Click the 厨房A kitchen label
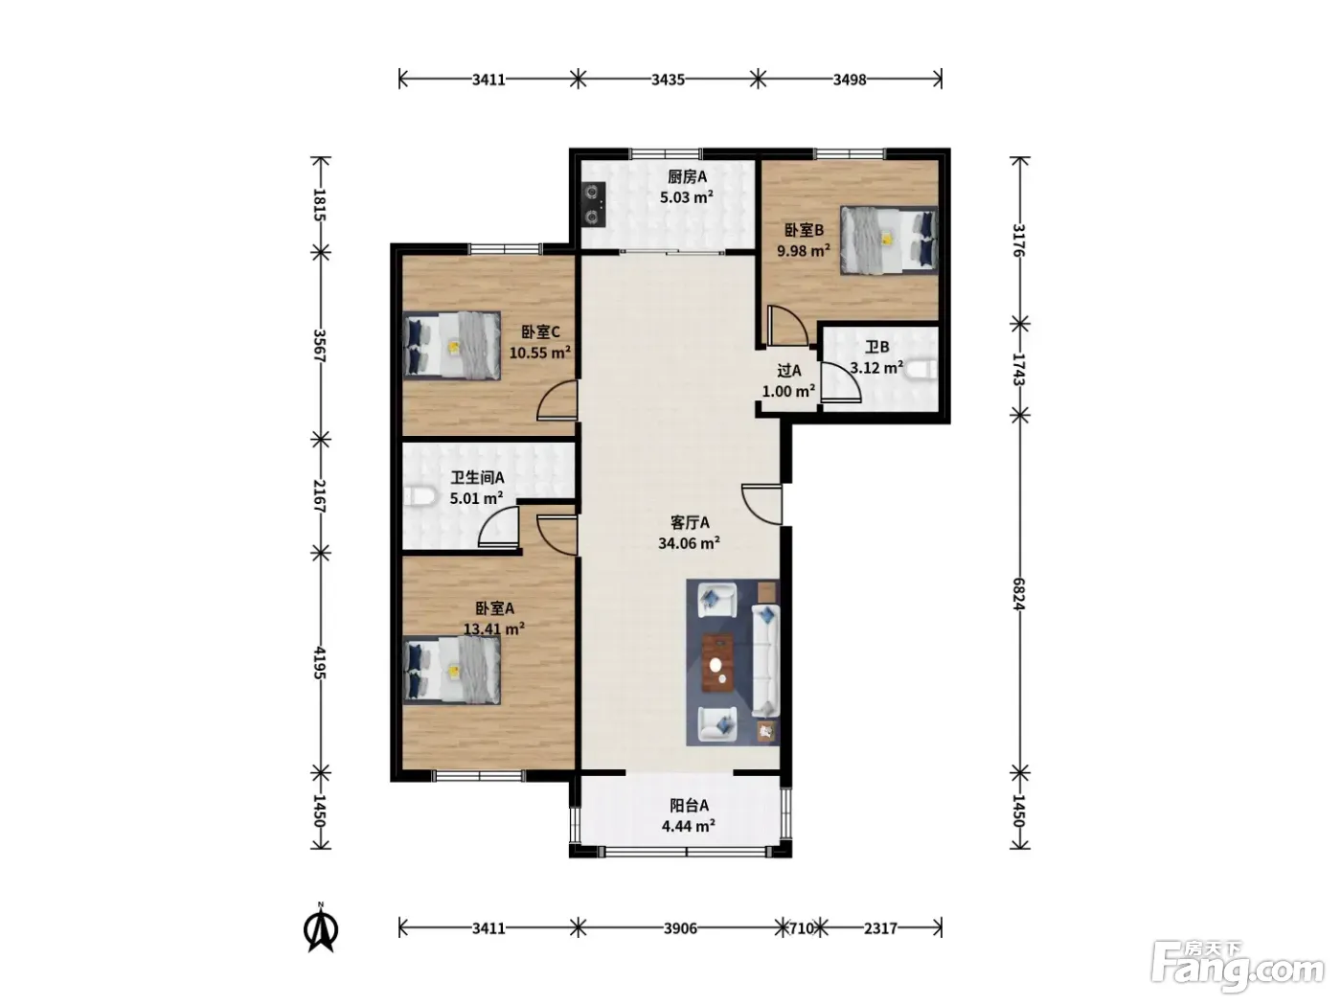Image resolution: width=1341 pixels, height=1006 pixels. (687, 177)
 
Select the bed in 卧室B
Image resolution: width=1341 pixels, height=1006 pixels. (888, 240)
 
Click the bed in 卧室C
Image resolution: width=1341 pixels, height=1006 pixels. (451, 346)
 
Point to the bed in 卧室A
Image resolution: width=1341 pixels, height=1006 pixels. (451, 670)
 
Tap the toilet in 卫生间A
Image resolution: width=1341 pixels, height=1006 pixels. (420, 496)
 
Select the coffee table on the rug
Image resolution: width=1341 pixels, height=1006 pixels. (718, 663)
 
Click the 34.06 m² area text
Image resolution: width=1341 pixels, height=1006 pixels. (689, 543)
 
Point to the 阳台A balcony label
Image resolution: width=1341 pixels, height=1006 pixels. (689, 806)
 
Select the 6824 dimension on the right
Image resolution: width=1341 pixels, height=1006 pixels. (1018, 594)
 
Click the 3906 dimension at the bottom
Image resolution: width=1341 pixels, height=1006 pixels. (680, 928)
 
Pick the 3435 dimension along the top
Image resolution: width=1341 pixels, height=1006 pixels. (668, 80)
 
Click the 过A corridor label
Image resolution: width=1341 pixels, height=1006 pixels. (788, 371)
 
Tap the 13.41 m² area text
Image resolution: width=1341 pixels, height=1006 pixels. (493, 629)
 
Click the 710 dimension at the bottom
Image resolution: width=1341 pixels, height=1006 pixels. (802, 928)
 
